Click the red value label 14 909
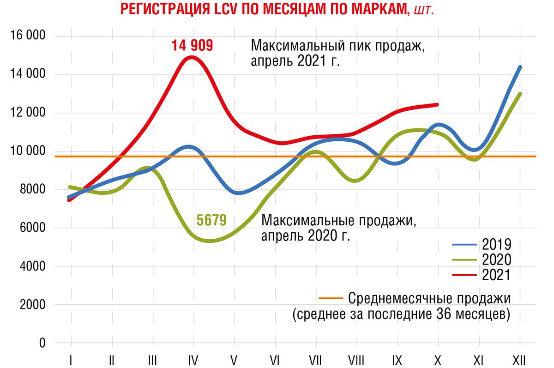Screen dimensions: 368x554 [x=192, y=46]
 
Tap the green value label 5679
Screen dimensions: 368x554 [x=211, y=220]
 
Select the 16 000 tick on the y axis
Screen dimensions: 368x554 [x=25, y=36]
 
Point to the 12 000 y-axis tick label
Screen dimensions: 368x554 [x=25, y=113]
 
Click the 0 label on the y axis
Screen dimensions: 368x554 [x=42, y=343]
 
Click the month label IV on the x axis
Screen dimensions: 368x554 [x=193, y=359]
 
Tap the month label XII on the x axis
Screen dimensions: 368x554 [x=520, y=359]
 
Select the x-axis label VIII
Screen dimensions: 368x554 [x=356, y=359]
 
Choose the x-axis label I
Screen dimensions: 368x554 [x=71, y=359]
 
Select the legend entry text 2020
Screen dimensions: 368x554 [x=496, y=260]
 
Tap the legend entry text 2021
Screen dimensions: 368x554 [x=496, y=275]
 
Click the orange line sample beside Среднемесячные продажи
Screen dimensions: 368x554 [x=331, y=298]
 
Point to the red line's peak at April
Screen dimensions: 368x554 [x=192, y=57]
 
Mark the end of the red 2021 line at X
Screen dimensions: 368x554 [x=437, y=104]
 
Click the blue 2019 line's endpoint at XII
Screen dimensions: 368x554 [x=520, y=67]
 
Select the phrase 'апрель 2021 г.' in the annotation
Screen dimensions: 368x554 [x=295, y=61]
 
